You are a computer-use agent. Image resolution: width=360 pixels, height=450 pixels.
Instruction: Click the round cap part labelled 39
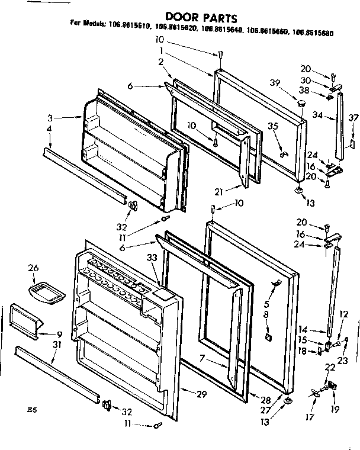pyautogui.click(x=301, y=104)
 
